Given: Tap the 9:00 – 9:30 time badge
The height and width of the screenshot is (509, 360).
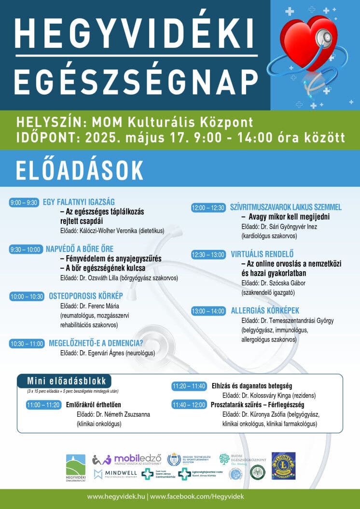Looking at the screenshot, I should (x=24, y=203).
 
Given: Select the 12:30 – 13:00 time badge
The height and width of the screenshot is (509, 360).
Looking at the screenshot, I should (x=208, y=254).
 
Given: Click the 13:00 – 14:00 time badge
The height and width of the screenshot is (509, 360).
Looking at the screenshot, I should (x=208, y=311).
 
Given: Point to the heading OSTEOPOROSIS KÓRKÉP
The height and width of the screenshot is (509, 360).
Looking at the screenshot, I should (x=86, y=296).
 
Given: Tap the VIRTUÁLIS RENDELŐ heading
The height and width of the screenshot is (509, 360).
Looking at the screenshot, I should (x=262, y=254).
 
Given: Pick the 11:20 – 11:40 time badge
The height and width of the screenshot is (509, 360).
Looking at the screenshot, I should (x=189, y=386).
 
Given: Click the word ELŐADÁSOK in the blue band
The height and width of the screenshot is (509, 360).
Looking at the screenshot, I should (x=80, y=170).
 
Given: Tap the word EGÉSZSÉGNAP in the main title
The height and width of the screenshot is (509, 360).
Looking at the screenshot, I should (x=136, y=83).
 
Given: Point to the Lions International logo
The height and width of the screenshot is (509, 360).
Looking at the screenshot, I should (x=283, y=466).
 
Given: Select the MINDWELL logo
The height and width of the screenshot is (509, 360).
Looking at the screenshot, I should (x=116, y=474).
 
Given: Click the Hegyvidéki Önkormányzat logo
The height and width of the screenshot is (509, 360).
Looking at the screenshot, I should (x=75, y=468).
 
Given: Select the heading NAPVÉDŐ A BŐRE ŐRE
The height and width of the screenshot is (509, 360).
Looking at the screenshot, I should (x=80, y=249).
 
